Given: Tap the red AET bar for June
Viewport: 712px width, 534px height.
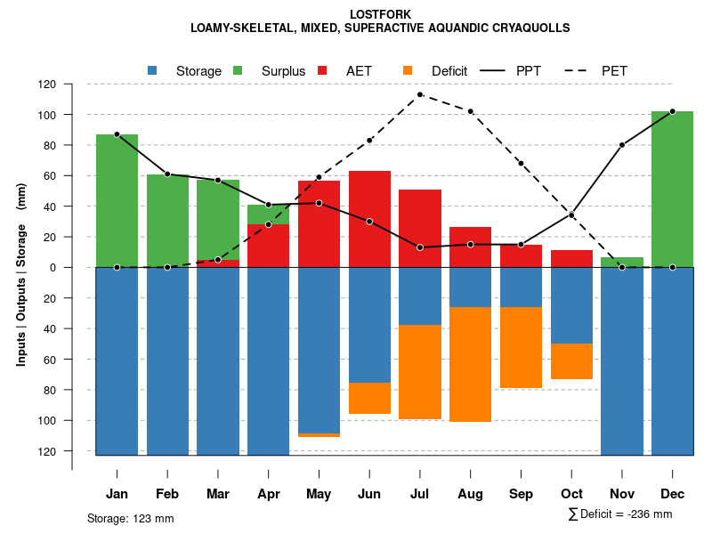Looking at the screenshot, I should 369,219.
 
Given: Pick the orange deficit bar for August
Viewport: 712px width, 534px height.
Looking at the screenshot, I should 470,364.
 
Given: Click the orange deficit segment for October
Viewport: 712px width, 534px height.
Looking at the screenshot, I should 571,360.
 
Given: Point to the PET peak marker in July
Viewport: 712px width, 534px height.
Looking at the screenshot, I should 420,94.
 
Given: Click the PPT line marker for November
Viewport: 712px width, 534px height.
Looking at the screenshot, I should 622,145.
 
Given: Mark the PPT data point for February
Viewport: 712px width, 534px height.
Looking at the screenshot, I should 167,174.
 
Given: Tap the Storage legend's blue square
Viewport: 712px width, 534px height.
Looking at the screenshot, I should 153,70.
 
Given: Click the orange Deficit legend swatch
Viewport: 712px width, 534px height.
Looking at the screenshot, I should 409,70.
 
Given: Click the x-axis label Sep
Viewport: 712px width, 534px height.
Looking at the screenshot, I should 521,494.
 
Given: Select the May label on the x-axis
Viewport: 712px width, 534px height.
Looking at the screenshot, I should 319,494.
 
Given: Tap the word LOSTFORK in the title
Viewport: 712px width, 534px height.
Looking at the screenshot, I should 380,14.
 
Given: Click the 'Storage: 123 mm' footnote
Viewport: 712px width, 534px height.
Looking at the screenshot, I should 130,518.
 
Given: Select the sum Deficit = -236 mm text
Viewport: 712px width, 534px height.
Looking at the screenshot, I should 619,514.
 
